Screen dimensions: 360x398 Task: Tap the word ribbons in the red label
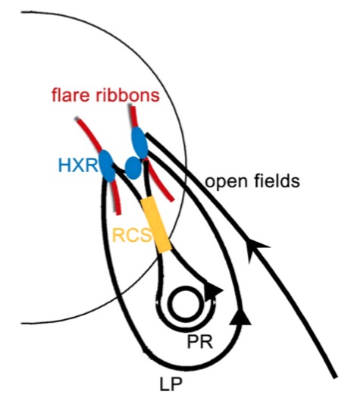coord(127,95)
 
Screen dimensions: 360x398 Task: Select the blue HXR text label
coord(78,165)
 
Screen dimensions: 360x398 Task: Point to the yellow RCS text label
coord(131,235)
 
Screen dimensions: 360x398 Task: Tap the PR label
coord(200,342)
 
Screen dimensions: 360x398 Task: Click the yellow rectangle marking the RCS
coord(156,224)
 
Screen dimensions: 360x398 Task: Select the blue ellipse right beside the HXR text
coord(107,166)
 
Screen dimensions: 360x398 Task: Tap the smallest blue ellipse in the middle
coord(133,168)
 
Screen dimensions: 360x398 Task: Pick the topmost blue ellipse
coord(139,143)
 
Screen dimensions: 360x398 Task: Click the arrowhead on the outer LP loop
coord(239,317)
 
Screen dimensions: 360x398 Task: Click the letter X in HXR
coord(78,165)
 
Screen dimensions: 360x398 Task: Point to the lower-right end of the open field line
coord(335,377)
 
